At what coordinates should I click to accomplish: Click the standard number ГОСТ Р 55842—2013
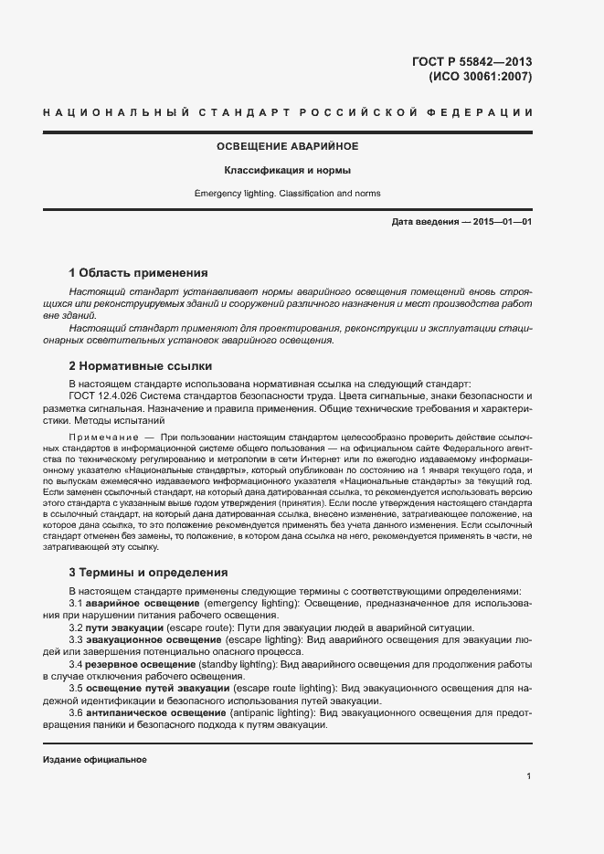pos(472,62)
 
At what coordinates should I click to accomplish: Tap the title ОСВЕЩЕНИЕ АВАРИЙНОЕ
pos(287,146)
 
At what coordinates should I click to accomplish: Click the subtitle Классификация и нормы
pos(287,171)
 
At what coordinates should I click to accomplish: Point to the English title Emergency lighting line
pos(287,194)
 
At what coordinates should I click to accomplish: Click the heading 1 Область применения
pos(138,272)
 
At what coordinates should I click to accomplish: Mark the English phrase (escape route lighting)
pos(284,689)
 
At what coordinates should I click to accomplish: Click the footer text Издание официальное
pos(95,760)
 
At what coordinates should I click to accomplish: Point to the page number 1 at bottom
pos(529,776)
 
